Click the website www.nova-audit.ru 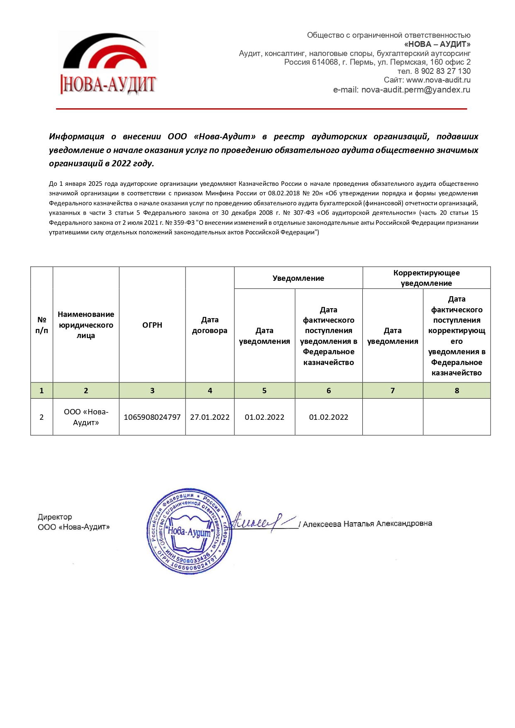pos(438,80)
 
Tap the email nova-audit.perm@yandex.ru pos(415,90)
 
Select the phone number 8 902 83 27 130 pos(442,71)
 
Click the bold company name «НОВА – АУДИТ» pos(437,44)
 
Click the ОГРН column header pos(152,325)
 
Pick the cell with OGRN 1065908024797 pos(152,417)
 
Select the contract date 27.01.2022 pos(210,417)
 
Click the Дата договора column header pos(210,325)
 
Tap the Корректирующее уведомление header pos(426,278)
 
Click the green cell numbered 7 pos(393,391)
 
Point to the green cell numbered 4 pos(210,391)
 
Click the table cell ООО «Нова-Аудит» pos(86,417)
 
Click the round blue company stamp pos(189,531)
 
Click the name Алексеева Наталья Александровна pos(367,524)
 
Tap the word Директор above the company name pos(55,517)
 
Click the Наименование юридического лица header pos(86,325)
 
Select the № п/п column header pos(41,325)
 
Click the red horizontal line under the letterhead pos(261,109)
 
